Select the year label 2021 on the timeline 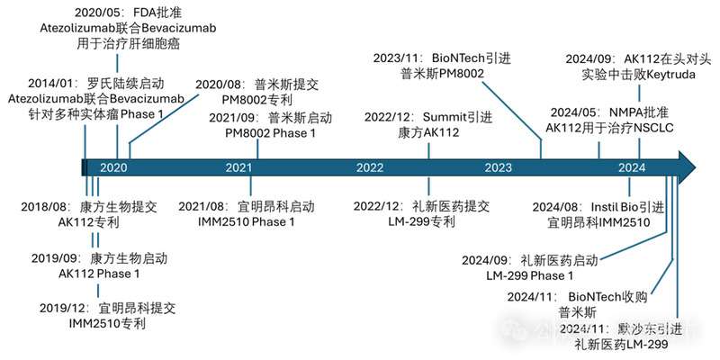pos(238,167)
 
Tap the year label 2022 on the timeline pos(370,167)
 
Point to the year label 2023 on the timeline pos(498,167)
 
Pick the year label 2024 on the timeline pos(631,167)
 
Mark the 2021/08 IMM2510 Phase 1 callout pos(244,213)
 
